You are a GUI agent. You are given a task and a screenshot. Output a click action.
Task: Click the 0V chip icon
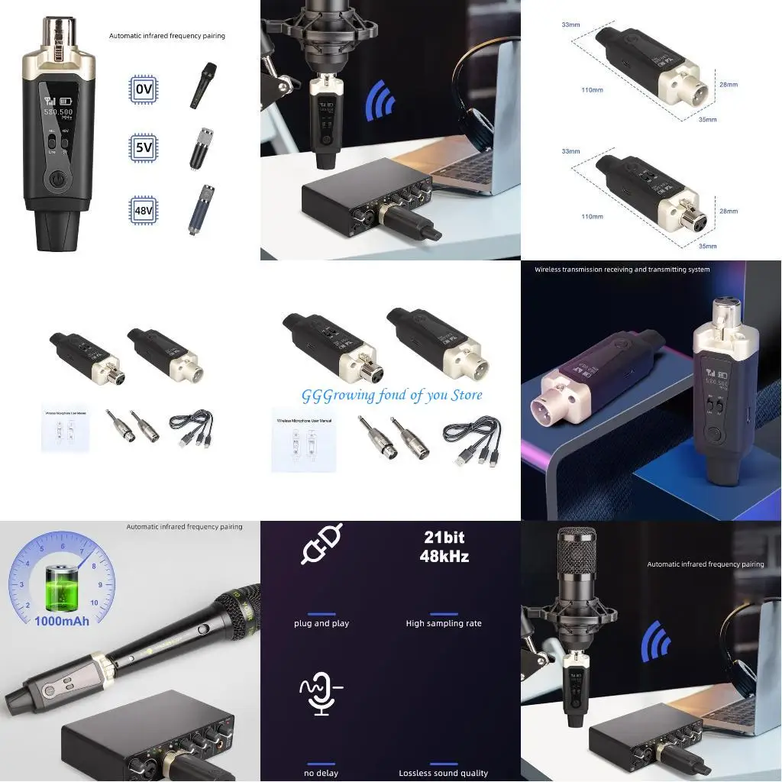[144, 89]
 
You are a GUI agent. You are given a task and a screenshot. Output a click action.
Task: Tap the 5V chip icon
[144, 147]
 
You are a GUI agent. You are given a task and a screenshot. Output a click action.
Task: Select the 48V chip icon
[144, 210]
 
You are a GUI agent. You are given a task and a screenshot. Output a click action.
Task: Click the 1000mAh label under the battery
[61, 621]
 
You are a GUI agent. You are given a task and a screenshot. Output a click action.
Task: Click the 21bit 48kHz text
[444, 547]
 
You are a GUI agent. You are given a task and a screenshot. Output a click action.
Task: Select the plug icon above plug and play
[322, 544]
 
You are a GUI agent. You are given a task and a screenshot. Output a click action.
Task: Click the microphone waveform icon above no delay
[321, 693]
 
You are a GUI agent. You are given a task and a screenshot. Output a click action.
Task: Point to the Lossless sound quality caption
[444, 773]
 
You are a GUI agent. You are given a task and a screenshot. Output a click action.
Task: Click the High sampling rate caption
[444, 623]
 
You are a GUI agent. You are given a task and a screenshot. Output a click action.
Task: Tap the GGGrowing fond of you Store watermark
[392, 395]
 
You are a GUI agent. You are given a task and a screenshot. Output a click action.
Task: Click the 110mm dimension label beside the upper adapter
[592, 90]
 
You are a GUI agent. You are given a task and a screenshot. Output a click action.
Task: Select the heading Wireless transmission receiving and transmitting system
[622, 269]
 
